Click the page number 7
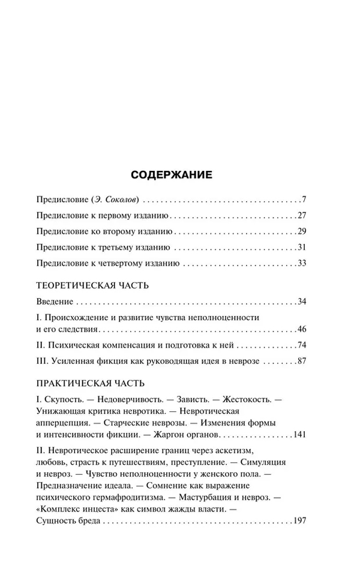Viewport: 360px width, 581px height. (304, 200)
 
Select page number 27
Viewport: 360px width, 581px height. (302, 215)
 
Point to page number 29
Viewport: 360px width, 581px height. (302, 231)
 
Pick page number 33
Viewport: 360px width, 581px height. (302, 263)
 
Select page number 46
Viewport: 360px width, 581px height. (302, 329)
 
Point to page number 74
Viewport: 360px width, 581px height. (302, 346)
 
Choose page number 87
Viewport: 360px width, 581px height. (302, 362)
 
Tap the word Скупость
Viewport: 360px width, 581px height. (62, 399)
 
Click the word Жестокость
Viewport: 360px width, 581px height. (247, 399)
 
